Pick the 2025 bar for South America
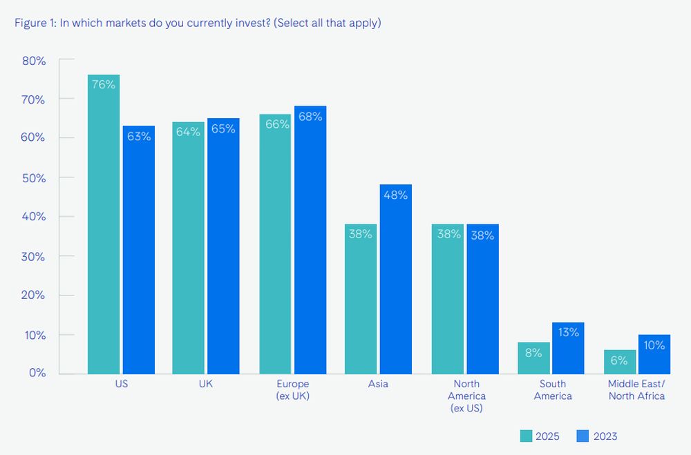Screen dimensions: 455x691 (534, 359)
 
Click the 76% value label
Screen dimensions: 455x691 (104, 84)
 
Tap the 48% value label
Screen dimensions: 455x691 (396, 195)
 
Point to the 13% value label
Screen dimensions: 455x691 (568, 332)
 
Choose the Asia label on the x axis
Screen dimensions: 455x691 (378, 385)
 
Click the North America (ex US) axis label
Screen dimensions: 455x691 (466, 396)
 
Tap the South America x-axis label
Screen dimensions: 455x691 (553, 390)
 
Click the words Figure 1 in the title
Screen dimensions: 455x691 (35, 23)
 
